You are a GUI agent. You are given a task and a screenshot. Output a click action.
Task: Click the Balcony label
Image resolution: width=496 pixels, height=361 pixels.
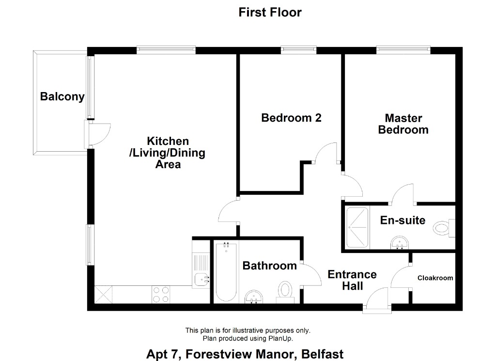tap(62, 96)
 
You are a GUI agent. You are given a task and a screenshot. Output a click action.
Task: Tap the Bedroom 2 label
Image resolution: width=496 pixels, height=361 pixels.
tap(291, 118)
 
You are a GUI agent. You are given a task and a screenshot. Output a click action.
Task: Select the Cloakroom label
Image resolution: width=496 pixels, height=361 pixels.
tap(435, 278)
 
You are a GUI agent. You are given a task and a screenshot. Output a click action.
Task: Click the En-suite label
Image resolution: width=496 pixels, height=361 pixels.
tap(403, 220)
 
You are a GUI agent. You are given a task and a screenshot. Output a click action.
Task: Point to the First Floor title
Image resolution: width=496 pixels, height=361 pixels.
tap(270, 12)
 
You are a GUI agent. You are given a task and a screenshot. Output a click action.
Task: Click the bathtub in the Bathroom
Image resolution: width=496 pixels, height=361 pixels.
tap(226, 272)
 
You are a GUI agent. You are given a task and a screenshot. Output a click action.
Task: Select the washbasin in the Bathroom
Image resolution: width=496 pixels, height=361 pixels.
tap(254, 297)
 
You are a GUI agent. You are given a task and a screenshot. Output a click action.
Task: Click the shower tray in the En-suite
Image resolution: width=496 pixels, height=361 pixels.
tap(357, 227)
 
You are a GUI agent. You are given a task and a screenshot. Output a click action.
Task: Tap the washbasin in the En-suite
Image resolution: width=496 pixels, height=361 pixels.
tap(400, 243)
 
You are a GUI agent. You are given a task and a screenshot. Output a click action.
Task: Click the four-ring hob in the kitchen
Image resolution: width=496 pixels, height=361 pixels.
tap(161, 295)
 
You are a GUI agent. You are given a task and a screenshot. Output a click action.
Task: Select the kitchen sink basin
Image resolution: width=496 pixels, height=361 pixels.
tap(201, 280)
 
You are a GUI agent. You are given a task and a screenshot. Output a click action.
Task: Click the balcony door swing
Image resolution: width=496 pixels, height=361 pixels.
tap(100, 134)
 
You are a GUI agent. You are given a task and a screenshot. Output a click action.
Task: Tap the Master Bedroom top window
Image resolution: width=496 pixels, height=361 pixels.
tap(403, 49)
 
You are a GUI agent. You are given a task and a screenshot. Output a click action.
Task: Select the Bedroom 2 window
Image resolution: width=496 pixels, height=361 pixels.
tap(298, 49)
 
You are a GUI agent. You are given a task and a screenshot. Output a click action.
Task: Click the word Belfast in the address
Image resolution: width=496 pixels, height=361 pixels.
tap(322, 354)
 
